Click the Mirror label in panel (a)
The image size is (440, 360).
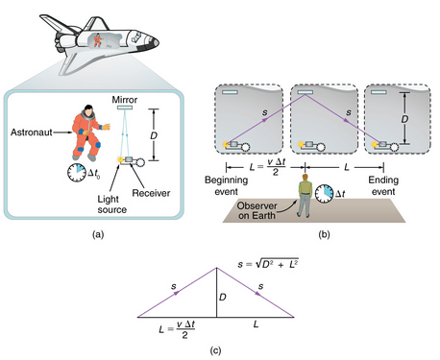pyautogui.click(x=128, y=98)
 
